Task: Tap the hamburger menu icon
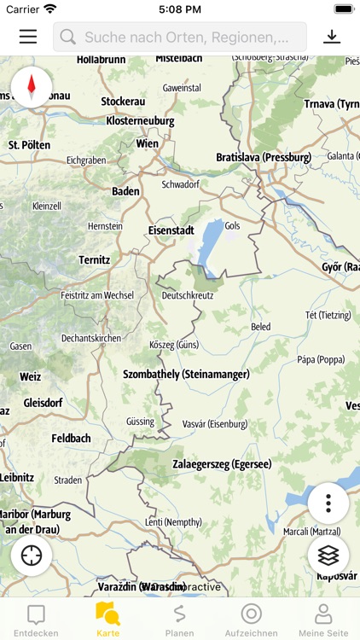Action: pos(28,37)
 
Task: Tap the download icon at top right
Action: pos(332,37)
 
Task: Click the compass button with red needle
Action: pos(32,86)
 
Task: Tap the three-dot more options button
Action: pos(328,503)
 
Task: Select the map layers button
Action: pos(328,556)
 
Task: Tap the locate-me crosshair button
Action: pos(32,556)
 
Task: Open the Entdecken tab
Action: pos(36,620)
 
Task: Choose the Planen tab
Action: pos(179,620)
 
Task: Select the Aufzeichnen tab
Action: pos(251,620)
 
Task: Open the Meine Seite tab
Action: pos(323,620)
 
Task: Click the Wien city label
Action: pos(147,144)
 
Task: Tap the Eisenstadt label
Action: pos(171,230)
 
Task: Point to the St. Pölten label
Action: pos(30,145)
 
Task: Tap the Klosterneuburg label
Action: pos(140,122)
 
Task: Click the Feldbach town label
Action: pos(71,438)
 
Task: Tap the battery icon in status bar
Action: pos(344,9)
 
